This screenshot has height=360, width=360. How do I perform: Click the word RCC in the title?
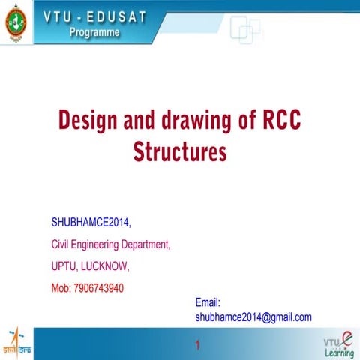pos(281,121)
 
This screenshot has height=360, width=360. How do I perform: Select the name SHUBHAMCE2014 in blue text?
pos(90,222)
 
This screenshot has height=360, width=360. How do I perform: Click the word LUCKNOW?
pos(109,265)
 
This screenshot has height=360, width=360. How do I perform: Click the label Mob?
pos(61,287)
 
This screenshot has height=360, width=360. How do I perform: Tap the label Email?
pos(207,302)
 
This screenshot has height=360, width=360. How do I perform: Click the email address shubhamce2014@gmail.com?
pos(253,317)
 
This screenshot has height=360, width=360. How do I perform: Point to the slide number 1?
pos(197,346)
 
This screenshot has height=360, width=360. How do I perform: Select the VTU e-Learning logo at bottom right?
pos(338,343)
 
